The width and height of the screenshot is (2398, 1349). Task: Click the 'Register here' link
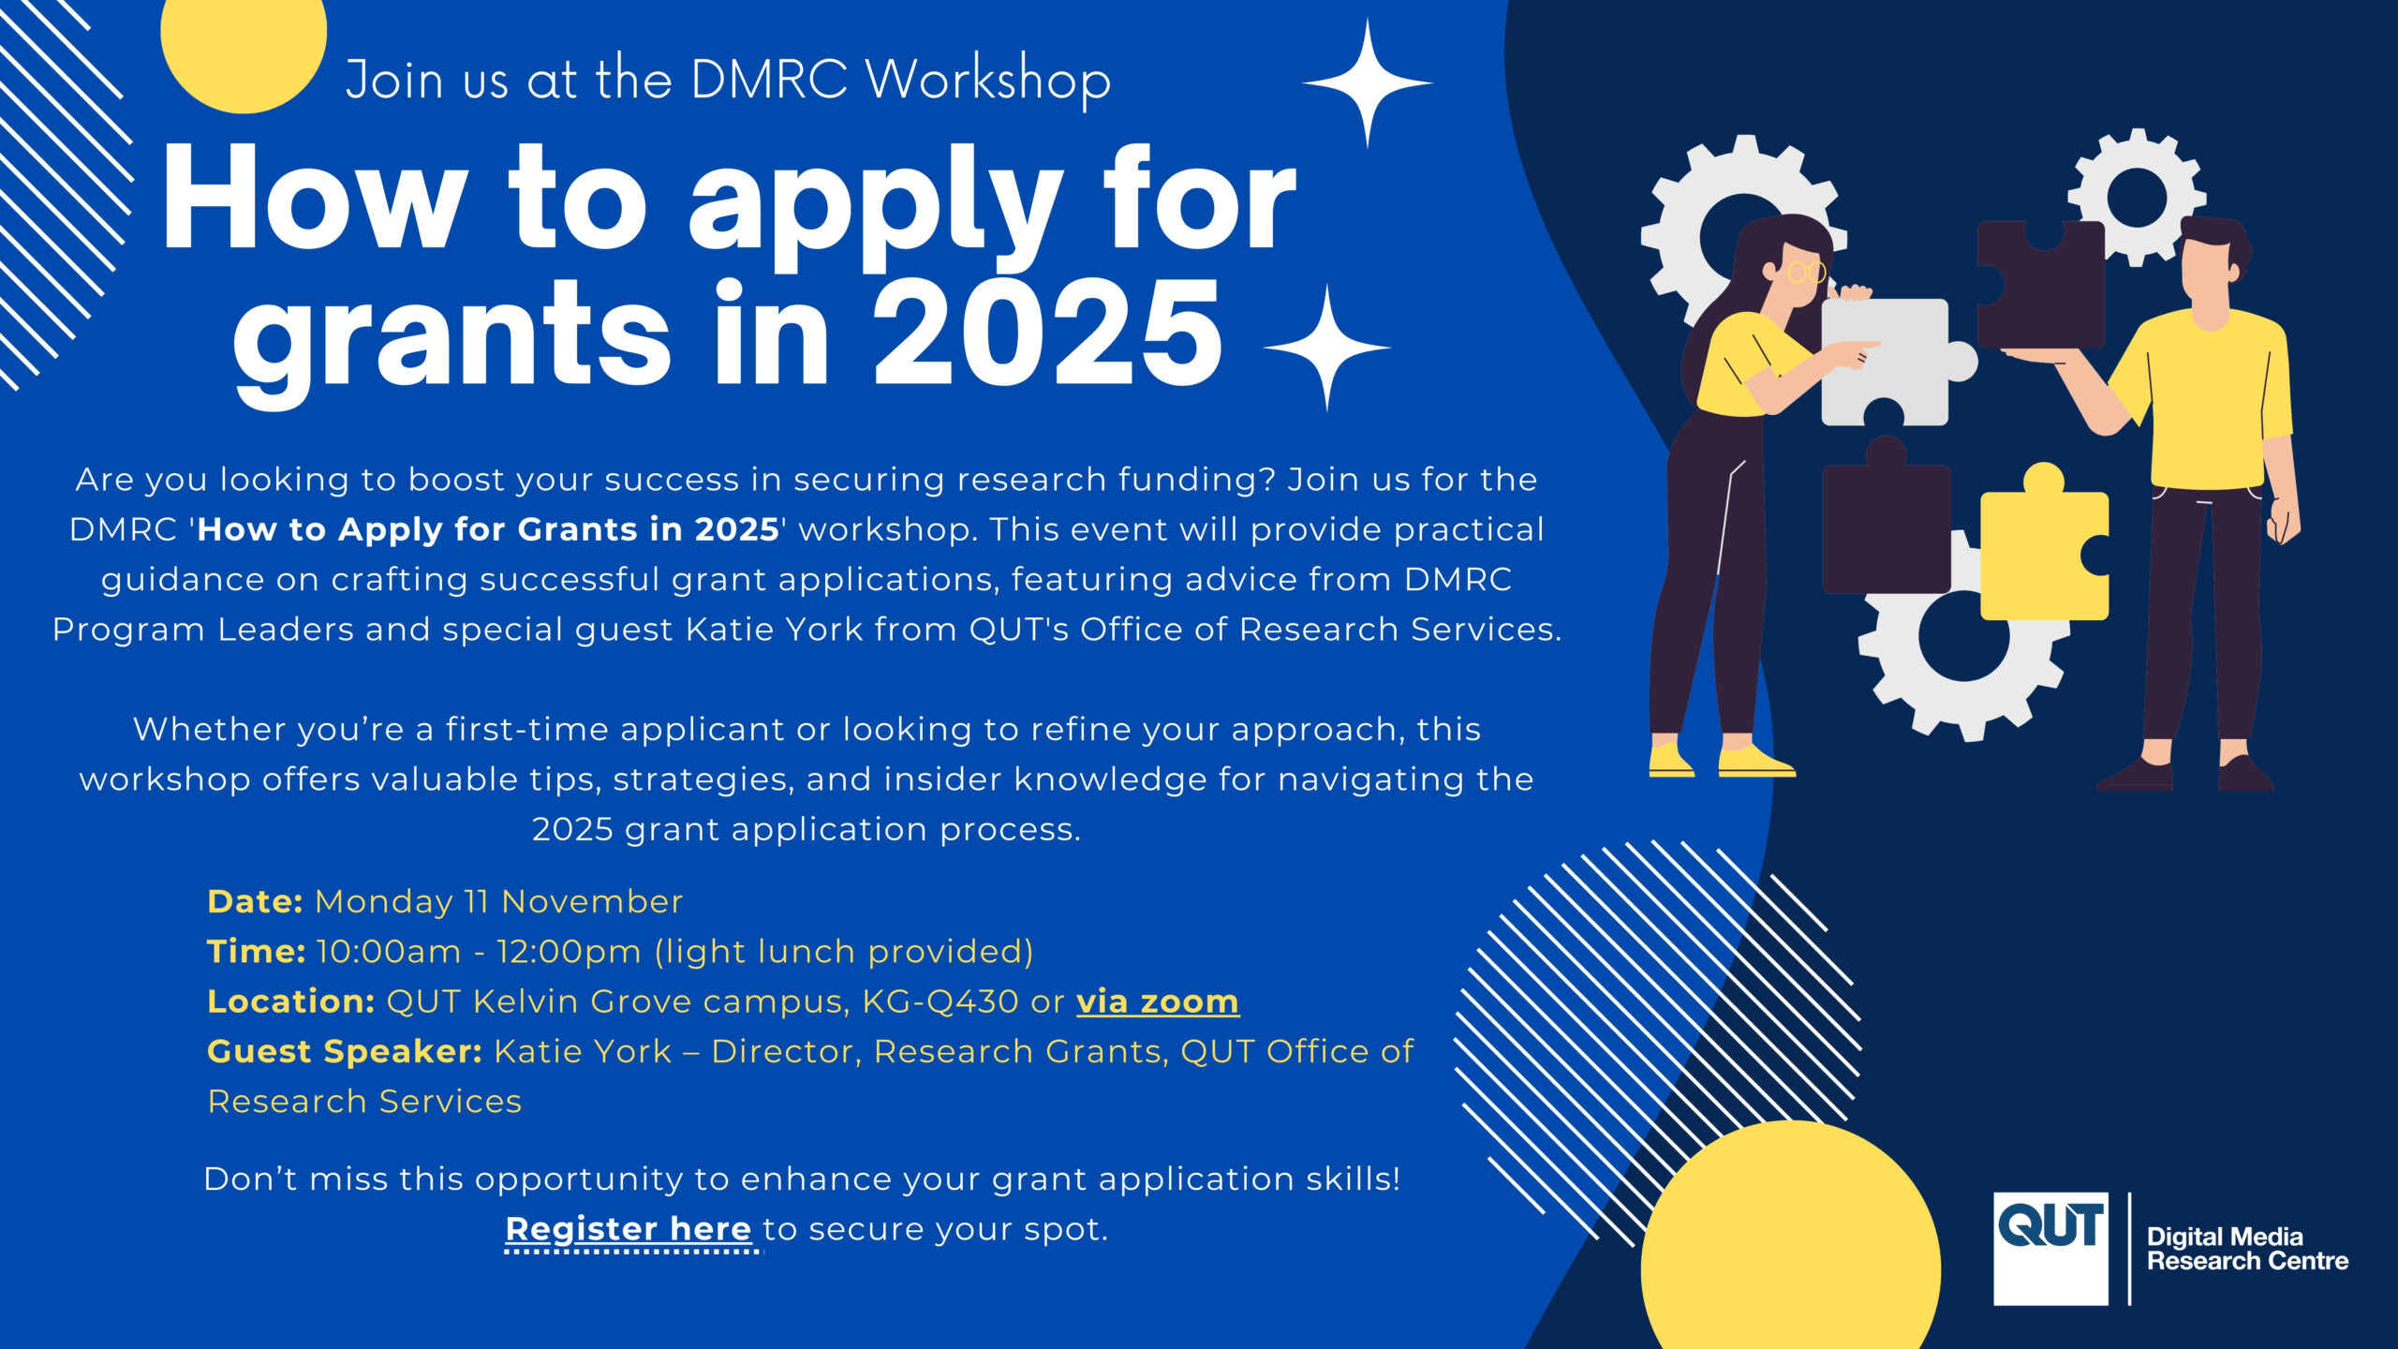tap(628, 1228)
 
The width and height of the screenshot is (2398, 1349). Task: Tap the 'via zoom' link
tap(1157, 1001)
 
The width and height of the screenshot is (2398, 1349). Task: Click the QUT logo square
tap(2050, 1248)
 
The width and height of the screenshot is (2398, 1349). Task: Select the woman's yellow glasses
tap(1806, 273)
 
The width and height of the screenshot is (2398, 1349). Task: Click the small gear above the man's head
tap(2137, 197)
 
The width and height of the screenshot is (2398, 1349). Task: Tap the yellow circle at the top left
tap(244, 47)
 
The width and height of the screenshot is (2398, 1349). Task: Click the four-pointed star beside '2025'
tap(1326, 347)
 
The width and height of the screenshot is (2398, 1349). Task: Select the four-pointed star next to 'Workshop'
tap(1368, 82)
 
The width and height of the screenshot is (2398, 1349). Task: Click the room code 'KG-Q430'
tap(940, 1001)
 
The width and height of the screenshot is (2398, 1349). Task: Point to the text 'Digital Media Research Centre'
tap(2246, 1249)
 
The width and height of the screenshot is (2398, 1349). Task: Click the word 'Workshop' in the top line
tap(988, 80)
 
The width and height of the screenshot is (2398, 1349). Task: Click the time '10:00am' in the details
tap(389, 952)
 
